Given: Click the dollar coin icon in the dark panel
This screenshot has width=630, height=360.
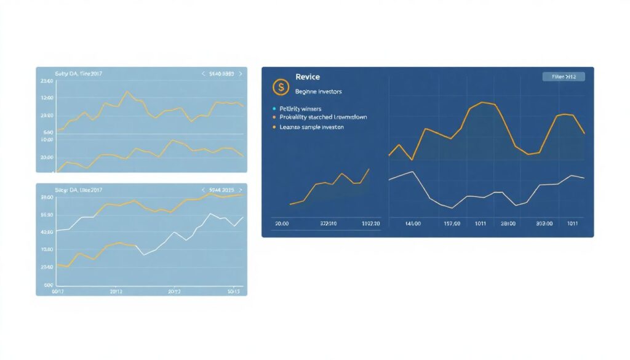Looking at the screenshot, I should (x=281, y=87).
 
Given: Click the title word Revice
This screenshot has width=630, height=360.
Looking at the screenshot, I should (x=307, y=78).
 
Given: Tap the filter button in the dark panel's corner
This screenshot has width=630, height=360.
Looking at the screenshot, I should (x=564, y=77).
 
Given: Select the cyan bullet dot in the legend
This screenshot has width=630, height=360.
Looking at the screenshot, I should (x=274, y=108).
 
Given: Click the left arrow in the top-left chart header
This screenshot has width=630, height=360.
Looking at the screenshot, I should (x=203, y=74).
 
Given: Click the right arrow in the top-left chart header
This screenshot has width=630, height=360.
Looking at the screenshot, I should (x=241, y=74).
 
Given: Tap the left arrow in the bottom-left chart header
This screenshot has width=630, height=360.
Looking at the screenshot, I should (x=203, y=191).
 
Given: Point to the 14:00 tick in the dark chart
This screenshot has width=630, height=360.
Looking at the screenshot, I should (x=413, y=224).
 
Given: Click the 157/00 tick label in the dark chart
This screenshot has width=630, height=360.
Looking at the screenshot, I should (x=452, y=224).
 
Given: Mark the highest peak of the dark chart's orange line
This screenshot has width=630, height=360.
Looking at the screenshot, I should (x=483, y=102).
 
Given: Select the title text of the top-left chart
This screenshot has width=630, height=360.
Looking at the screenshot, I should (x=79, y=74).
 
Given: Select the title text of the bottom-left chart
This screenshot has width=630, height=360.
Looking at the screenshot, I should (x=79, y=191).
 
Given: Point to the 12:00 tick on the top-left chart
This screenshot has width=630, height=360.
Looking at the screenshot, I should (x=47, y=98).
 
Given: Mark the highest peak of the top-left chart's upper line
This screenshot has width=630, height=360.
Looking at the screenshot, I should (x=127, y=92).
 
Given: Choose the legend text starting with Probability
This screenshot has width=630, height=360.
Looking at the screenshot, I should (x=323, y=117).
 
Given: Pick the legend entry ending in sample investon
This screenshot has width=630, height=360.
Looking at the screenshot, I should (x=311, y=127).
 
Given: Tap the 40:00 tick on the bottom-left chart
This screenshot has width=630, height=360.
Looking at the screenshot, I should (x=47, y=232).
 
